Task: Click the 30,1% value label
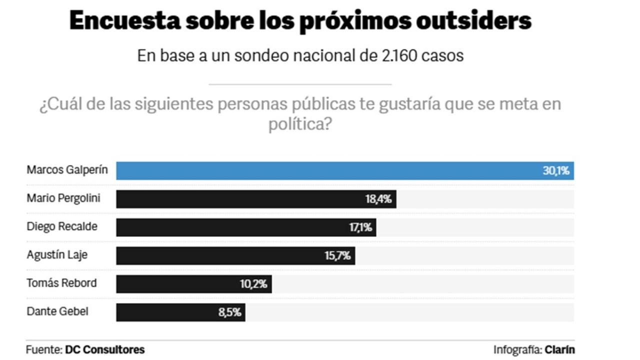tap(556, 170)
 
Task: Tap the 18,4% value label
tap(378, 199)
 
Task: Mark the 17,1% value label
tap(360, 227)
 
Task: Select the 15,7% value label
tap(337, 256)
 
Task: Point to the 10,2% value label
tap(253, 284)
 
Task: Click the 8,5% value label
tap(229, 312)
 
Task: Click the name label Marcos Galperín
tap(67, 170)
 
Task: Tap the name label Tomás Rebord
tap(61, 283)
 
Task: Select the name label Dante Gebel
tap(57, 311)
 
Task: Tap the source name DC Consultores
tap(105, 349)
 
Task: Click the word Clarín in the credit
tap(559, 349)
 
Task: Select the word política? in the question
tap(300, 124)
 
